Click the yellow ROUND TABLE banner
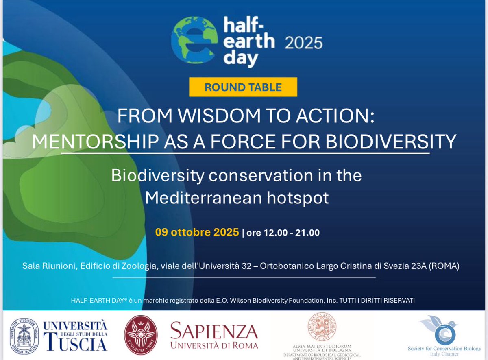(x=243, y=87)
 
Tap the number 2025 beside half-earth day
(x=303, y=42)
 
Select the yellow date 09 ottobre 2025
(x=197, y=232)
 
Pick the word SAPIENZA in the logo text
(x=214, y=331)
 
